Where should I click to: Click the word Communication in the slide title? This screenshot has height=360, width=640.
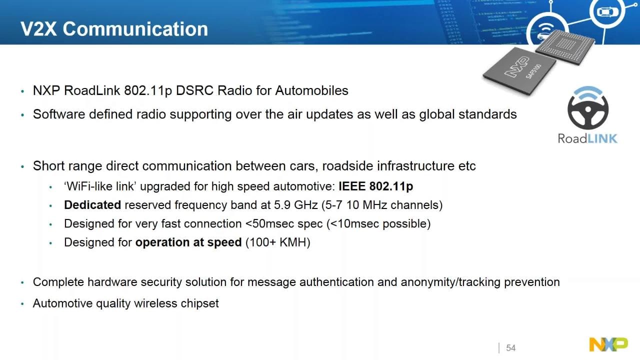click(x=135, y=29)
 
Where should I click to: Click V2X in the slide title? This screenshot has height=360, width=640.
click(x=39, y=29)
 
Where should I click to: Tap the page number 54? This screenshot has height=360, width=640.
click(x=511, y=348)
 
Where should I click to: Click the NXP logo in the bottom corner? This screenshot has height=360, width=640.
click(x=608, y=344)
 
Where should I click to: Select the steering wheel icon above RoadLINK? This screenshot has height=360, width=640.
click(x=588, y=107)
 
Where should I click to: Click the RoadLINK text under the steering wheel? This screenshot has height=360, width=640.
click(x=587, y=138)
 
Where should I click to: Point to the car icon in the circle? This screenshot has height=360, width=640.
click(x=607, y=11)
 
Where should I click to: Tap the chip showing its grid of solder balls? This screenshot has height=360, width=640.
click(x=565, y=46)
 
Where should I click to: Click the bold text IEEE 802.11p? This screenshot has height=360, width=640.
click(x=375, y=186)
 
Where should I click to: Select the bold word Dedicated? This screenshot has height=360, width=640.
click(x=92, y=205)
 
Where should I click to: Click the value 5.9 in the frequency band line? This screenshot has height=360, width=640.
click(x=282, y=205)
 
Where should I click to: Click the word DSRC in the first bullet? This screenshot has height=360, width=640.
click(x=194, y=90)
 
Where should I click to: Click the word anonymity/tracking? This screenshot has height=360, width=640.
click(x=450, y=282)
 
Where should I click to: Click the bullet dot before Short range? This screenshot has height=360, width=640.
click(x=22, y=166)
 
